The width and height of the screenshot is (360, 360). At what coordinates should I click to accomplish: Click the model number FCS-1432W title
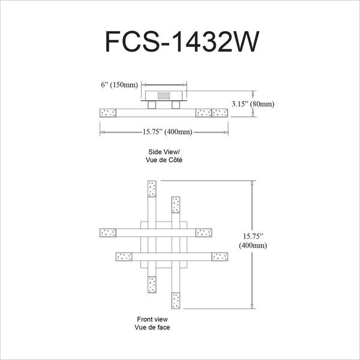pyautogui.click(x=182, y=42)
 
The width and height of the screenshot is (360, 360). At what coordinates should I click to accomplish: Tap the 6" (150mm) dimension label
pyautogui.click(x=119, y=85)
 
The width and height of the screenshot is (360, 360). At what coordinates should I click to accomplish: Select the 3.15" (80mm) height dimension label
pyautogui.click(x=253, y=104)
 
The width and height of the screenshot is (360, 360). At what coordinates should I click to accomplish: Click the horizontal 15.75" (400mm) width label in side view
pyautogui.click(x=167, y=132)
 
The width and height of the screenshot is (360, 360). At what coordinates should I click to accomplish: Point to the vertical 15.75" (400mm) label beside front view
pyautogui.click(x=253, y=241)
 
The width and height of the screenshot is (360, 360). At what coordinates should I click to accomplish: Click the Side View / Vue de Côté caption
pyautogui.click(x=164, y=155)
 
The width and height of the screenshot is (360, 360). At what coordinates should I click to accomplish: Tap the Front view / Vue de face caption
pyautogui.click(x=152, y=323)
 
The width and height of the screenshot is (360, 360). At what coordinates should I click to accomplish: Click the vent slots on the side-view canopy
pyautogui.click(x=164, y=95)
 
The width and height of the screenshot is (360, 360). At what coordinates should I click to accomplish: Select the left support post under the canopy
pyautogui.click(x=152, y=105)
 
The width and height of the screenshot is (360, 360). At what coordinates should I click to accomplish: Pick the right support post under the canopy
pyautogui.click(x=176, y=105)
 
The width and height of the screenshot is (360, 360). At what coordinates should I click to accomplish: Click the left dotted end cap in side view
pyautogui.click(x=108, y=113)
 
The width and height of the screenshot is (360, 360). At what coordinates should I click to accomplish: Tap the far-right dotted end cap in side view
pyautogui.click(x=220, y=113)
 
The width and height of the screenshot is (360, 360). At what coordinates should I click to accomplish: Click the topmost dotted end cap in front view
pyautogui.click(x=152, y=189)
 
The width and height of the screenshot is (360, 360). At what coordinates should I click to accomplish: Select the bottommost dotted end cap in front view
pyautogui.click(x=176, y=301)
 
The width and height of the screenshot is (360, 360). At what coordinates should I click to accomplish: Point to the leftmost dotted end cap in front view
pyautogui.click(x=108, y=233)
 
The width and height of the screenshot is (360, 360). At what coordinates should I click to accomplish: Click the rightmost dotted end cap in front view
pyautogui.click(x=220, y=257)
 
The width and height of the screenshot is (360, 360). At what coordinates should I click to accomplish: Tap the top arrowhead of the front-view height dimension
pyautogui.click(x=252, y=183)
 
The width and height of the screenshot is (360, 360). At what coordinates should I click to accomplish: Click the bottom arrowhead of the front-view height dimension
pyautogui.click(x=252, y=306)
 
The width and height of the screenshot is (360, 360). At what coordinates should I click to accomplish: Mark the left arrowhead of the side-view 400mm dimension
pyautogui.click(x=103, y=132)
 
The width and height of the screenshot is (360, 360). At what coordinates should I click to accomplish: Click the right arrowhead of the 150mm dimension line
pyautogui.click(x=184, y=85)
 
